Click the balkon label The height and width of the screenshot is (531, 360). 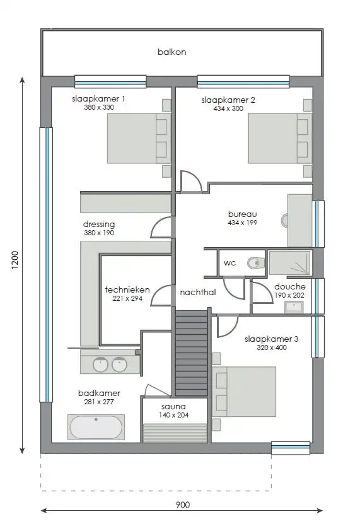pyautogui.click(x=171, y=52)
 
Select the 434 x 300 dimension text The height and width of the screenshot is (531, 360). pyautogui.click(x=228, y=108)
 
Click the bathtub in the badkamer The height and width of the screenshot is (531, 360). pyautogui.click(x=96, y=427)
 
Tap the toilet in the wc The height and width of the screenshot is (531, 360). pyautogui.click(x=254, y=263)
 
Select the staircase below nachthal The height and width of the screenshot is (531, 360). pyautogui.click(x=191, y=353)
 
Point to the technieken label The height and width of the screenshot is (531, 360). pyautogui.click(x=126, y=289)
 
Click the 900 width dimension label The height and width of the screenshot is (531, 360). pyautogui.click(x=182, y=505)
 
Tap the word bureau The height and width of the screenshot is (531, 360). pyautogui.click(x=241, y=214)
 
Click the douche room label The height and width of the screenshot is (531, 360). pyautogui.click(x=290, y=286)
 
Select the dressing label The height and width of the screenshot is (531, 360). pyautogui.click(x=99, y=224)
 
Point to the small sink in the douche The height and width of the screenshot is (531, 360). pyautogui.click(x=293, y=307)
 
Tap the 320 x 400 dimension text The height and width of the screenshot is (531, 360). pyautogui.click(x=272, y=347)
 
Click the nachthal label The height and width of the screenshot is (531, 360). pyautogui.click(x=197, y=293)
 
